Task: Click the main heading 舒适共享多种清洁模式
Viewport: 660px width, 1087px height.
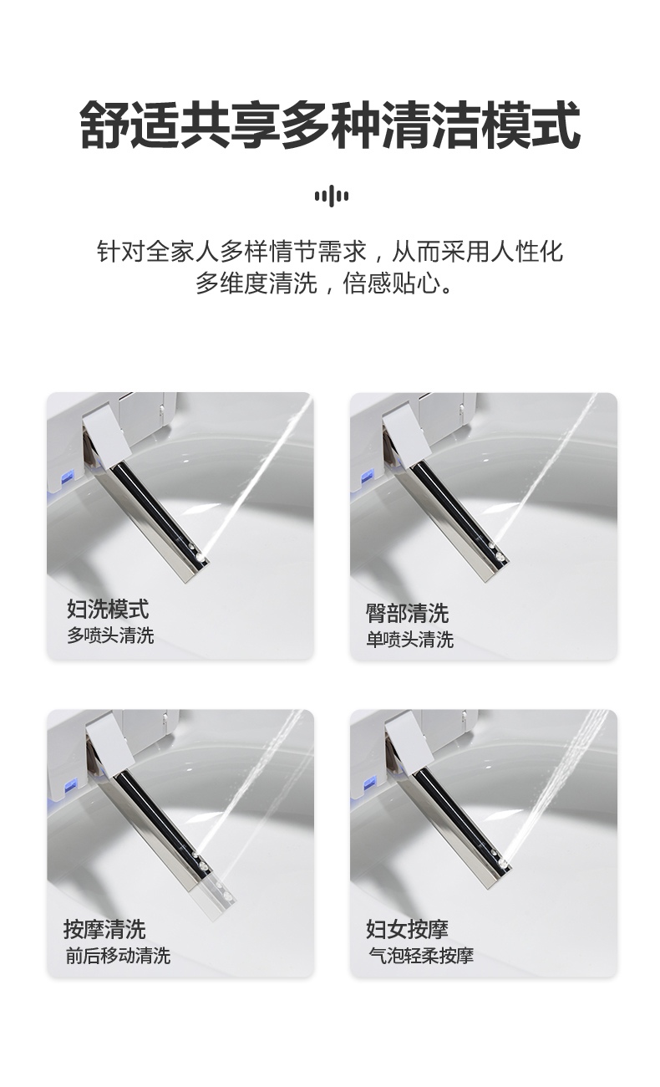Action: (330, 125)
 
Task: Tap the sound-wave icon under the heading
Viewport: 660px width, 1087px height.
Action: (331, 196)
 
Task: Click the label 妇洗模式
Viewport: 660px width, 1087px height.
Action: (108, 609)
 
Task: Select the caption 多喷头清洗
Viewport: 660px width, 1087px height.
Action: (110, 635)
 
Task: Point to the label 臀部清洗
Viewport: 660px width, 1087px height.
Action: (407, 613)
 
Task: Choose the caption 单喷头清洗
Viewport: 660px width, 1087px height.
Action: (409, 640)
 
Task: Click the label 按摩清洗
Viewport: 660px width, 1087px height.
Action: (104, 929)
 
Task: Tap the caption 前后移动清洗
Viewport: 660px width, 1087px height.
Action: (118, 956)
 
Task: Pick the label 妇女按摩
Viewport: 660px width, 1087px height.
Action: (407, 929)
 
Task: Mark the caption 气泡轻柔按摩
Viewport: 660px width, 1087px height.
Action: (421, 956)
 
